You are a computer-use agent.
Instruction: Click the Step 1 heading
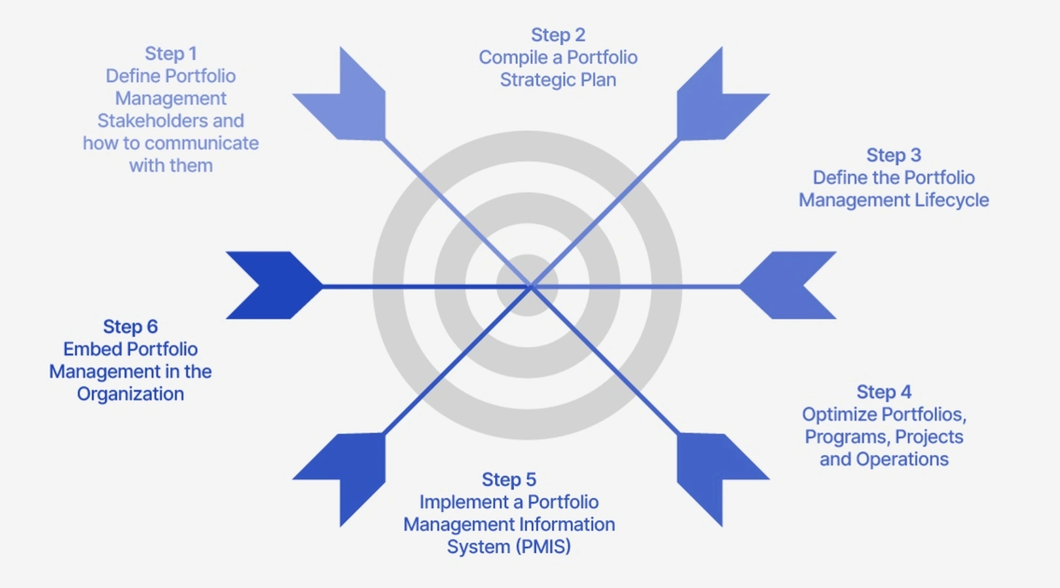[170, 54]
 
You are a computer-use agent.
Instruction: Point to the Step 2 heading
[558, 35]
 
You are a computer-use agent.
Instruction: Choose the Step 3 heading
[893, 155]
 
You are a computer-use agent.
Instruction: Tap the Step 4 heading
[884, 392]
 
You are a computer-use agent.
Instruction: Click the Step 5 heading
[509, 479]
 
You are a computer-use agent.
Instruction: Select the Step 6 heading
[130, 326]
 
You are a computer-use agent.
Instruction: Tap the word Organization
[130, 394]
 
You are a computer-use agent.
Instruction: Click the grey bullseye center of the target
[527, 286]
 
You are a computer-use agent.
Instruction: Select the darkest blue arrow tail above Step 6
[272, 285]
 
